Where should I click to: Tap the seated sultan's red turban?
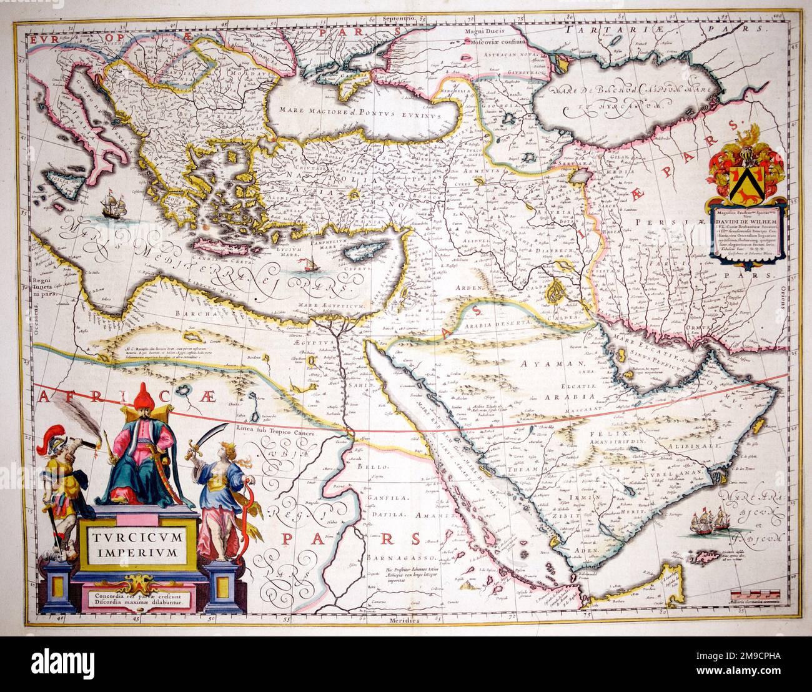[143, 395]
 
